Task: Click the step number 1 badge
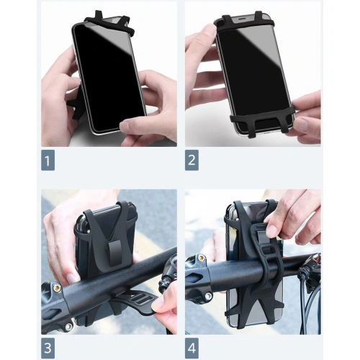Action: tap(48, 160)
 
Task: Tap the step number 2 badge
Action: tap(192, 160)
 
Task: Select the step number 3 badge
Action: tap(48, 348)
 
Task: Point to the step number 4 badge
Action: tap(192, 348)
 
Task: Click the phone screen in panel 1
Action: tap(109, 77)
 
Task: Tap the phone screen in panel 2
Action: tap(254, 72)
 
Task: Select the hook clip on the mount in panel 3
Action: tap(112, 253)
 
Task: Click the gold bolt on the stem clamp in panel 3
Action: tap(57, 288)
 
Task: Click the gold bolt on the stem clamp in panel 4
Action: tap(201, 258)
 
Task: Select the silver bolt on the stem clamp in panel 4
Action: tap(208, 296)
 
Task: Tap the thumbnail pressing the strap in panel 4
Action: tap(272, 231)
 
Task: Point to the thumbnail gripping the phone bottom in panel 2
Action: tap(300, 125)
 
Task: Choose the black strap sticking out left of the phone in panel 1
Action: tap(74, 107)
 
